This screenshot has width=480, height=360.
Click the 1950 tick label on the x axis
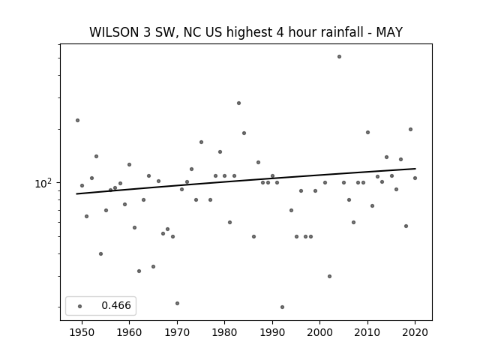[82, 332]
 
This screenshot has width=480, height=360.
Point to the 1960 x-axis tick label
[129, 332]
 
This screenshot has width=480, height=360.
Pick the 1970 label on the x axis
[177, 332]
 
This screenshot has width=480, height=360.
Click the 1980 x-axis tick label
[224, 332]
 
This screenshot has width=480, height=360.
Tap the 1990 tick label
[272, 332]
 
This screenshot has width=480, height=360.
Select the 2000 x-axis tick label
[319, 332]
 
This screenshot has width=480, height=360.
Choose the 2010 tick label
[367, 332]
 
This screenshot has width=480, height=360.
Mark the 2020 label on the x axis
[415, 332]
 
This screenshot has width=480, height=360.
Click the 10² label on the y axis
[43, 183]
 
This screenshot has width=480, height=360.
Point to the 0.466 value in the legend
[116, 305]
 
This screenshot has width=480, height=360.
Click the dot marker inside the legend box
[79, 306]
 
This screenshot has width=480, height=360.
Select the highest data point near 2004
[339, 57]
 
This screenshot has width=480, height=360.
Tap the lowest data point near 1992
[282, 307]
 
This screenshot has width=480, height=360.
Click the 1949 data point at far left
[77, 120]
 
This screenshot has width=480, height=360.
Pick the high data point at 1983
[238, 103]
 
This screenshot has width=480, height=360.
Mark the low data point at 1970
[177, 303]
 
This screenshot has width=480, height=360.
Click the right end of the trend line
[415, 168]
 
